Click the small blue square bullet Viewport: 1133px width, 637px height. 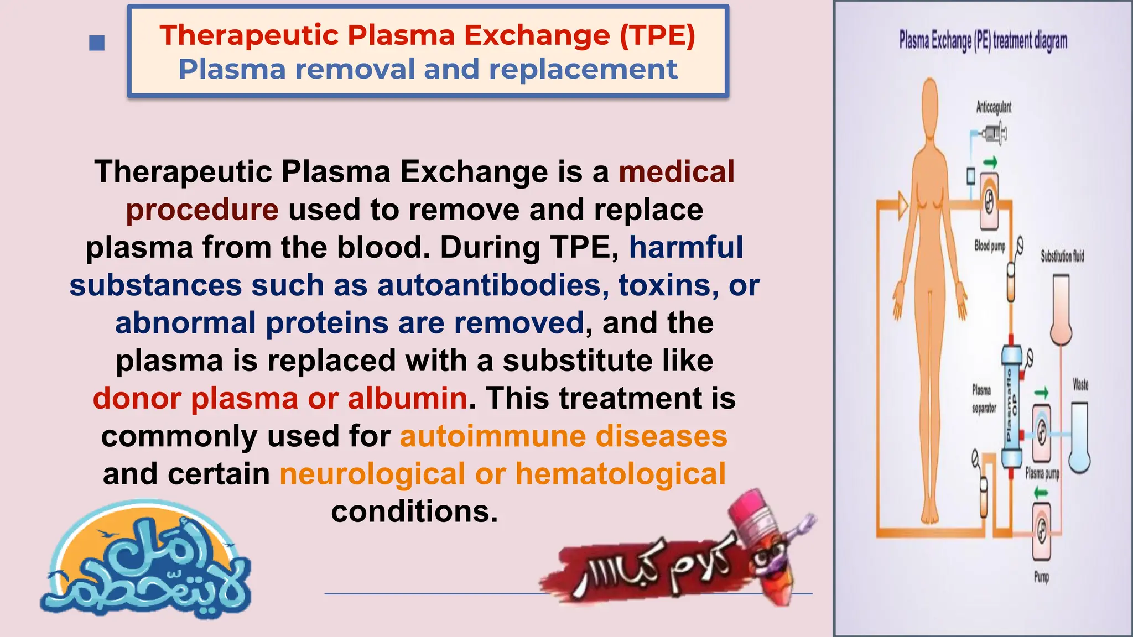coord(97,43)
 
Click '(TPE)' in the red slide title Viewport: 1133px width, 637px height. coord(657,35)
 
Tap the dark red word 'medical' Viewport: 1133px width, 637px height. coord(677,171)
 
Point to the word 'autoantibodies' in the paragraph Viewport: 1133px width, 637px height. coord(493,285)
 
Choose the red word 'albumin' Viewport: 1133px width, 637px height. coord(408,398)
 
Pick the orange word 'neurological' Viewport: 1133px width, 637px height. coord(372,474)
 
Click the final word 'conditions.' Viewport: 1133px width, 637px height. coord(414,511)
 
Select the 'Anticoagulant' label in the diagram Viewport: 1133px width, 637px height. coord(994,107)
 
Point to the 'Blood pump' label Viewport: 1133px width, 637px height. coord(990,246)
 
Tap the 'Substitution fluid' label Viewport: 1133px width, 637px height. coord(1062,255)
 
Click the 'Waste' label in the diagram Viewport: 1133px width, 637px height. coord(1080,384)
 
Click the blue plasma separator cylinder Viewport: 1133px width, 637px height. coord(1012,406)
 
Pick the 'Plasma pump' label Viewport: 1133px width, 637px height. coord(1042,473)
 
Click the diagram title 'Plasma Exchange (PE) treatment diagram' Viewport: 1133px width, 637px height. coord(983,40)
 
